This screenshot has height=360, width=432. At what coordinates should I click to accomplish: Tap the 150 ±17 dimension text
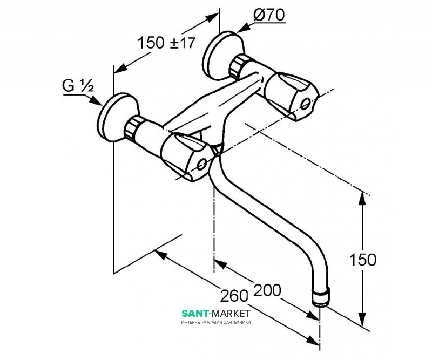166,43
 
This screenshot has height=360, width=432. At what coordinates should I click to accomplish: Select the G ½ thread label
78,85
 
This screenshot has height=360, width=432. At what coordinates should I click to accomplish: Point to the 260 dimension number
234,296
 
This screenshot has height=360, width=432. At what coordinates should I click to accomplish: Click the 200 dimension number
267,290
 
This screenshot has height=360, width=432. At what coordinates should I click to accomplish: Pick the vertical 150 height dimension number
362,260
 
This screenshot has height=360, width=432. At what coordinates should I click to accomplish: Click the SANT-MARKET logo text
215,313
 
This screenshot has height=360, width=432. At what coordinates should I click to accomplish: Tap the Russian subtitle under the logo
215,322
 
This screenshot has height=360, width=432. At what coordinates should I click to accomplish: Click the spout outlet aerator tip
320,297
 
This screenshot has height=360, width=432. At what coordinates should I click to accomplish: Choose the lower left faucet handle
187,155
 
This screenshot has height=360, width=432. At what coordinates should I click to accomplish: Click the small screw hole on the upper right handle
306,104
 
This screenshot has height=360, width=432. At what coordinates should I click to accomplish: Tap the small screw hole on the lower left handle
202,164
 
